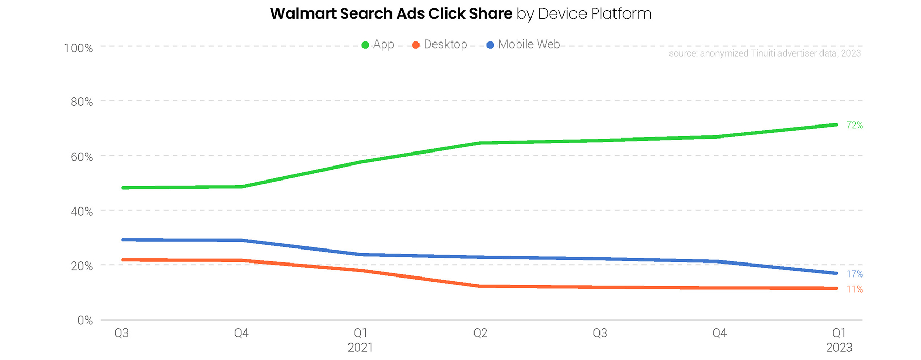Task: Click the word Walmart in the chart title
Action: [x=303, y=13]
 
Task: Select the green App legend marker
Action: [x=365, y=45]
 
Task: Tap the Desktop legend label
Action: [x=445, y=45]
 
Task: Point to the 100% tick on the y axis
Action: [x=78, y=48]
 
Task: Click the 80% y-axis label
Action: [x=81, y=102]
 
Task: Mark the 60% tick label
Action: [x=81, y=157]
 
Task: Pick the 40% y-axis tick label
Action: [x=81, y=211]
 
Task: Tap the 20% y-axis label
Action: [x=81, y=266]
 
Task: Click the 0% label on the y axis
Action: [x=85, y=321]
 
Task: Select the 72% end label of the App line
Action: [x=855, y=125]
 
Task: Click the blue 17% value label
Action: [x=855, y=274]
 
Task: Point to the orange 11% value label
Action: [x=855, y=289]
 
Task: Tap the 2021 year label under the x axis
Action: [x=360, y=348]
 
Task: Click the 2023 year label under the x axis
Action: [x=839, y=348]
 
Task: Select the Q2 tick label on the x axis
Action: [x=480, y=333]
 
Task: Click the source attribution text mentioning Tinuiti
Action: [x=764, y=53]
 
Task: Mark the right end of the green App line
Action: [x=836, y=124]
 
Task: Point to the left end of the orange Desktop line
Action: [x=123, y=260]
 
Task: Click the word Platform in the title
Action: [x=621, y=13]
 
